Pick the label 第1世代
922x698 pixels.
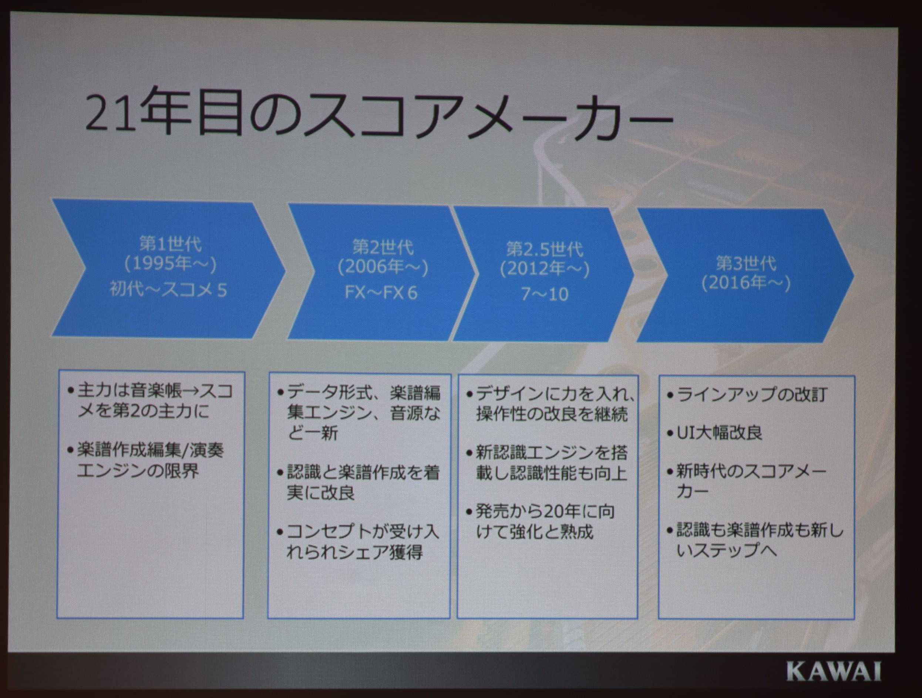(x=171, y=244)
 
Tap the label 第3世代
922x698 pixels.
(x=746, y=263)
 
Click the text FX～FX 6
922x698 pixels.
(x=381, y=293)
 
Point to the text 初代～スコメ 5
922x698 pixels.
(x=168, y=289)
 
